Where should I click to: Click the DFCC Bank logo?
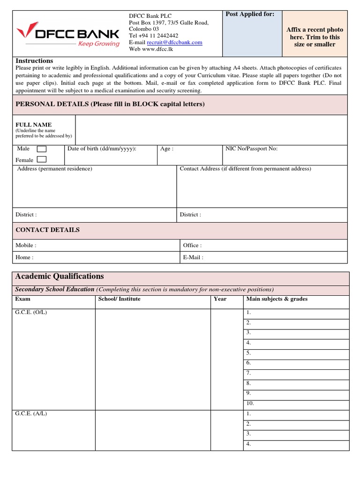(68, 36)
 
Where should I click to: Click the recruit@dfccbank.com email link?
(174, 42)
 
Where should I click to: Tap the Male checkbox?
(42, 149)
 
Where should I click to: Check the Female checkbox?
(42, 160)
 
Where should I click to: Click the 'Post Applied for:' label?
(250, 15)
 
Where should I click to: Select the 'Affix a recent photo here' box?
(315, 37)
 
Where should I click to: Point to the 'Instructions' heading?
(34, 61)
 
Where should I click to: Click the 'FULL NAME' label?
(34, 125)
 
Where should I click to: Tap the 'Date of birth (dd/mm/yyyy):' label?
(102, 149)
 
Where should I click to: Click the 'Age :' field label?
(167, 149)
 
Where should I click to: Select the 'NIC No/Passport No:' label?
(251, 149)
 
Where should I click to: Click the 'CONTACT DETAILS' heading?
(47, 230)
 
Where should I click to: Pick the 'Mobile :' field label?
(26, 245)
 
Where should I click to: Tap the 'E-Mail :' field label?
(193, 257)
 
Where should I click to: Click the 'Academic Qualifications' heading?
(60, 276)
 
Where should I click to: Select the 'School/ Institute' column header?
(119, 299)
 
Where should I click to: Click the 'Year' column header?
(220, 299)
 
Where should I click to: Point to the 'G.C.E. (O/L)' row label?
(31, 312)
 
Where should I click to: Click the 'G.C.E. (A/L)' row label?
(31, 413)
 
